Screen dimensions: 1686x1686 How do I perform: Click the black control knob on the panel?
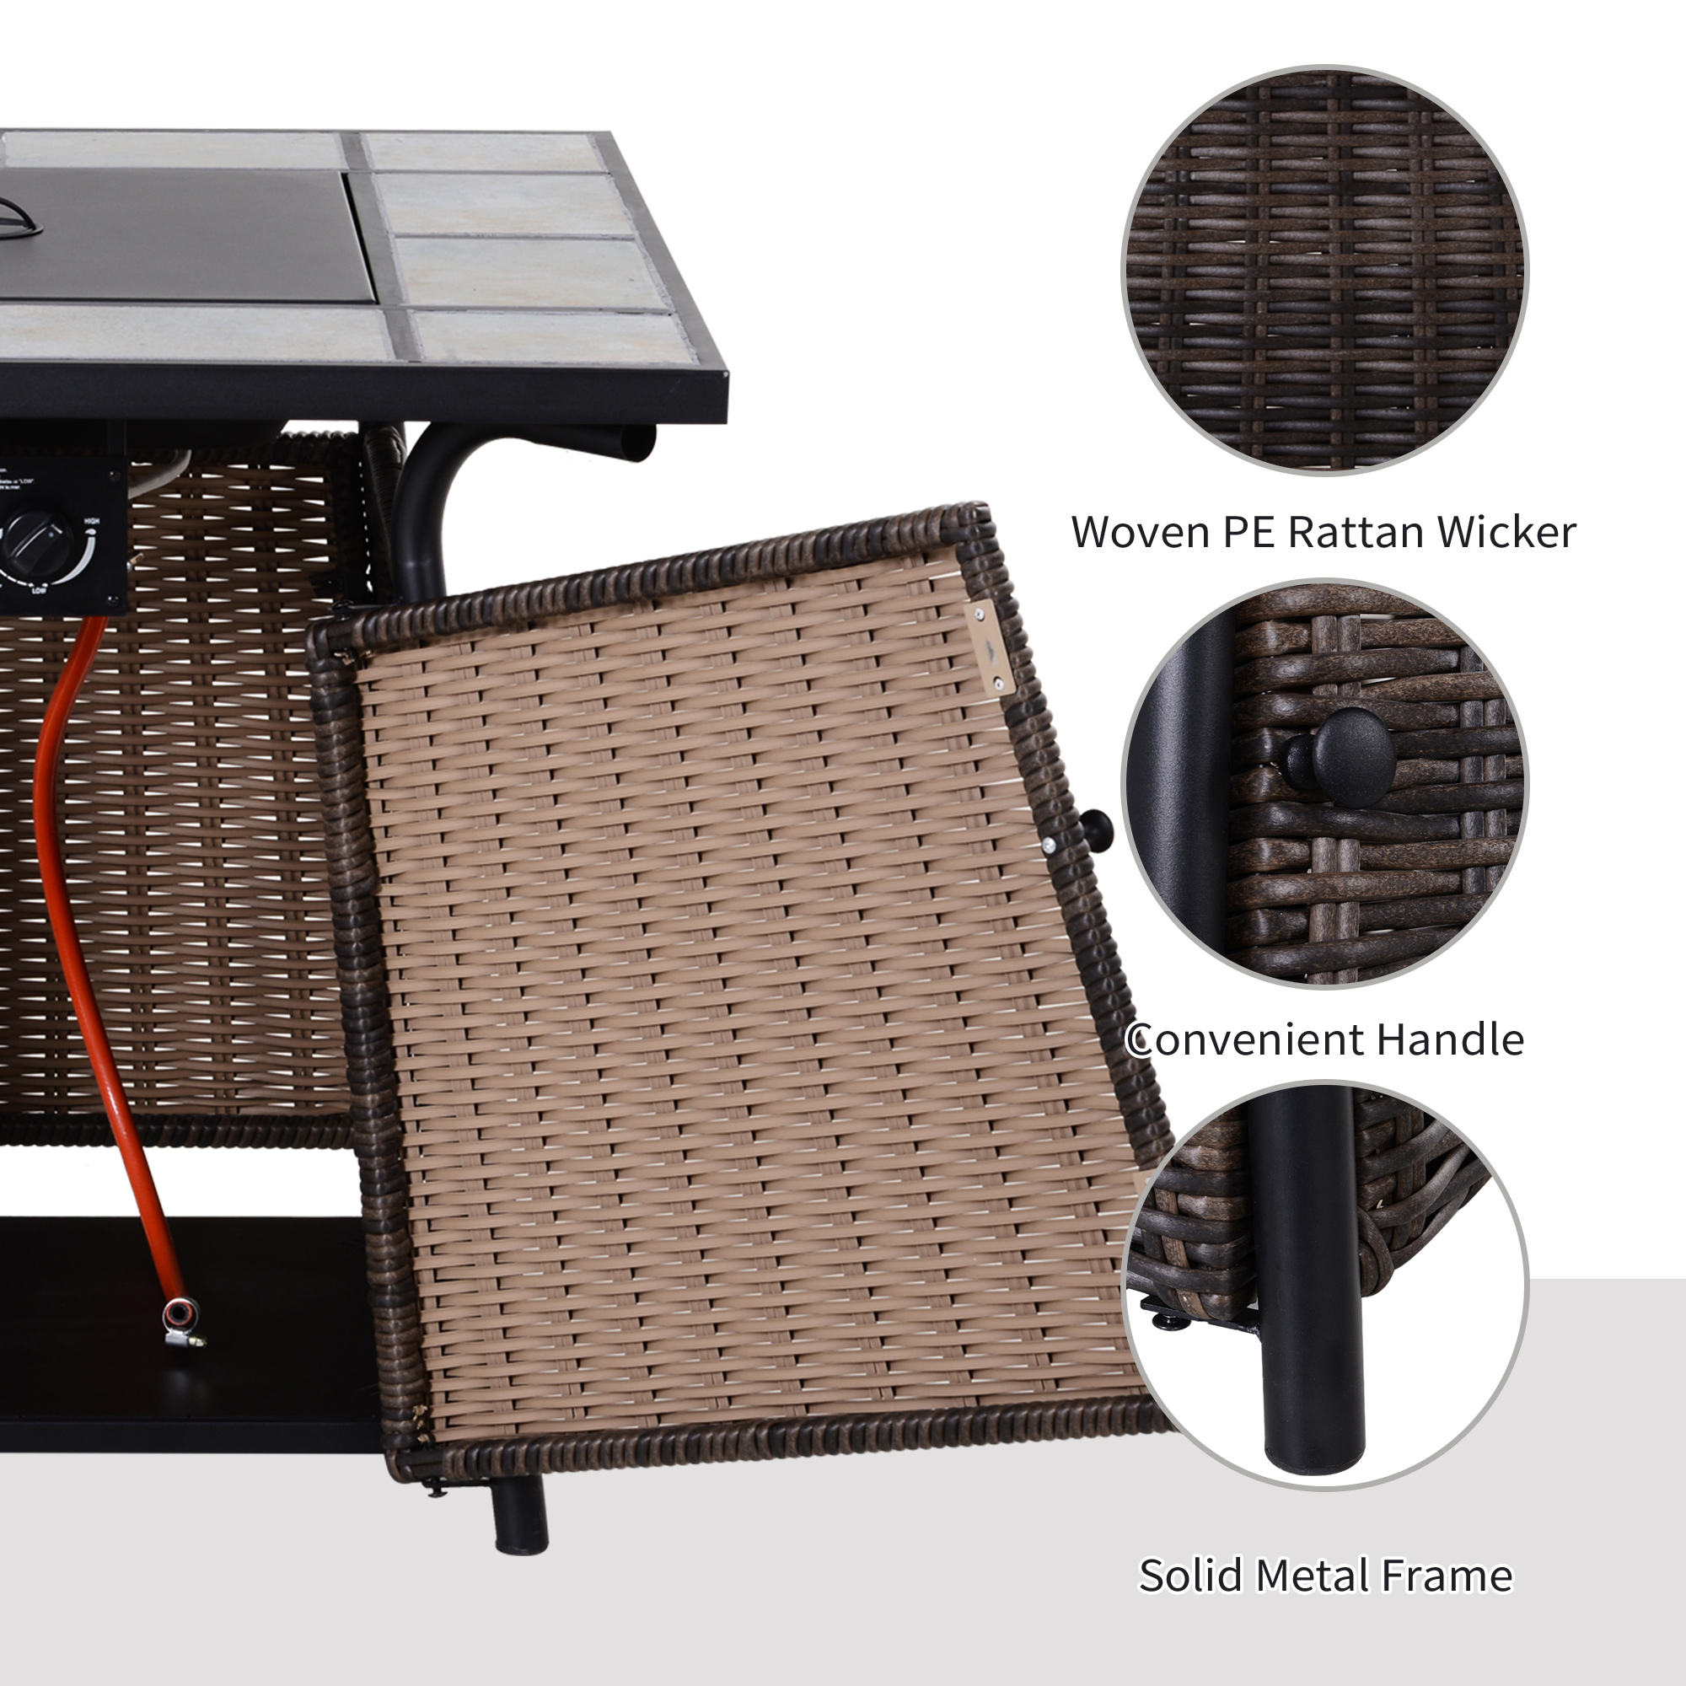36,539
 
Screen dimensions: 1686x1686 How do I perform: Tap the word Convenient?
1244,1039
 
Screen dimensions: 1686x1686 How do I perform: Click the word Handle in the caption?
1449,1039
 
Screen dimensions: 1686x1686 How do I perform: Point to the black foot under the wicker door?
520,1512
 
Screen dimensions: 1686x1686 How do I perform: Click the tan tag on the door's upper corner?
990,647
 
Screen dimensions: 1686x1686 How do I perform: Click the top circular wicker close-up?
1324,270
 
